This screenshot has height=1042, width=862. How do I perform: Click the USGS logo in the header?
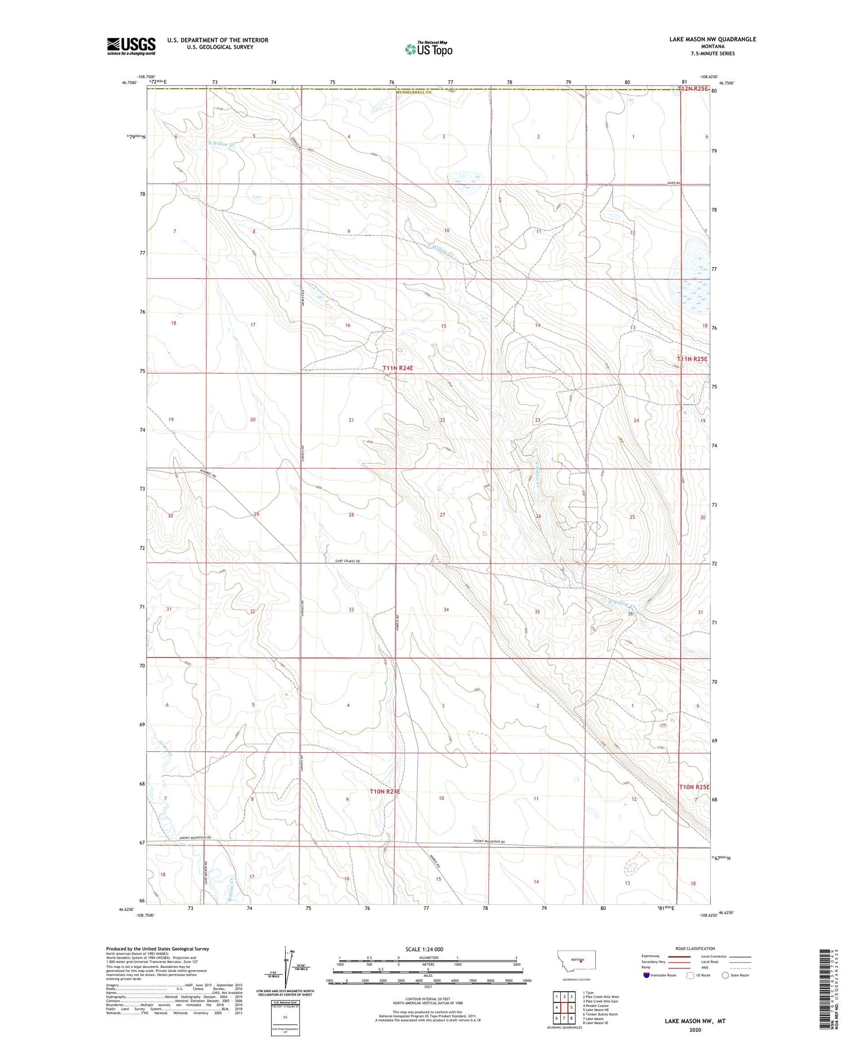point(131,46)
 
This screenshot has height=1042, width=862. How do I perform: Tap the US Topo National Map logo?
point(429,49)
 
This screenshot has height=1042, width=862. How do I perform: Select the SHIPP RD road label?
point(674,183)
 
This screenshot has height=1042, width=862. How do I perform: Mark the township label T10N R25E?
point(694,787)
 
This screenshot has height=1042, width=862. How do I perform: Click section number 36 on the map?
point(630,614)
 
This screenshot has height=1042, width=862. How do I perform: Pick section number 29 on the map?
point(256,514)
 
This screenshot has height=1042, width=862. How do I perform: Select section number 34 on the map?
point(446,610)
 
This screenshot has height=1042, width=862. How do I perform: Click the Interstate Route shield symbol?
point(646,975)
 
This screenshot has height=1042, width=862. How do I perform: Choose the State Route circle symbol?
point(725,975)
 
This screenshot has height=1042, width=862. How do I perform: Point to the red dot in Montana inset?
point(581,960)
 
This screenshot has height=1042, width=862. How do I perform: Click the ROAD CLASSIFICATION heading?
point(695,948)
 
